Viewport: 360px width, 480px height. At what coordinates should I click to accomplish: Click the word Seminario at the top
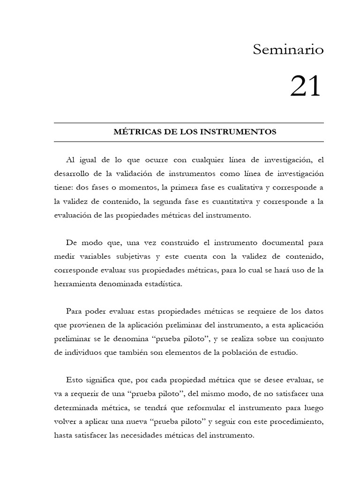coord(288,49)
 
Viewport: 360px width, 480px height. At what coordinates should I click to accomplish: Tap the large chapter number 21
coord(306,87)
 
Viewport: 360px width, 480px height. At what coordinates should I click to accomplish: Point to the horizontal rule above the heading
coord(189,123)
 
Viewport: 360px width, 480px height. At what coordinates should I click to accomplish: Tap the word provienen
coord(92,326)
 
